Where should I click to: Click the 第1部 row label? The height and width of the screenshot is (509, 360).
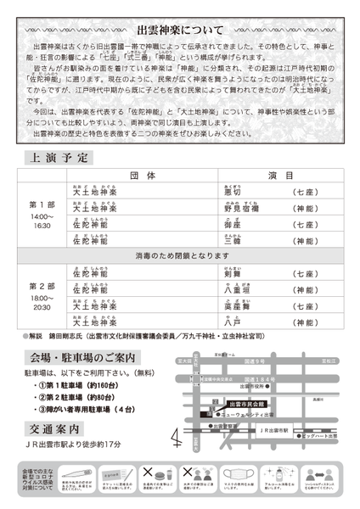42,205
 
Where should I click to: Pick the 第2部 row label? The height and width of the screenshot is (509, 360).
42,287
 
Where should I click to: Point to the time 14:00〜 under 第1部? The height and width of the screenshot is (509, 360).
42,217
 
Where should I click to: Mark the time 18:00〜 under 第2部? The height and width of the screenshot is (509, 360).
42,299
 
